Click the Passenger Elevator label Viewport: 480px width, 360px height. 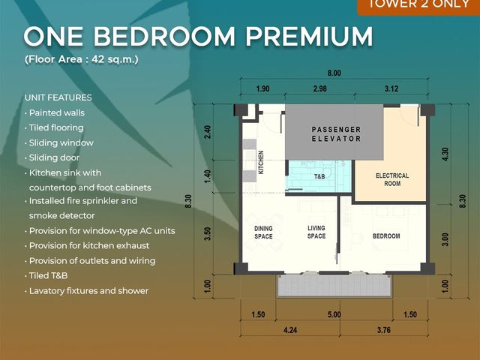tap(337, 134)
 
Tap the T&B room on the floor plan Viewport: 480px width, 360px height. tap(319, 176)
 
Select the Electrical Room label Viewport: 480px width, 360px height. tap(392, 180)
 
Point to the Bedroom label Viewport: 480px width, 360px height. tap(386, 236)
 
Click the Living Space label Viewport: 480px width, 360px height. tap(316, 232)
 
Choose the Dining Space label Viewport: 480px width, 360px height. tap(263, 232)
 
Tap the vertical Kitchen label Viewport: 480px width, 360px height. tap(261, 162)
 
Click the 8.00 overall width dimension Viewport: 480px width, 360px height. tap(334, 73)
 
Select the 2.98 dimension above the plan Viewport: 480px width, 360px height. tap(319, 88)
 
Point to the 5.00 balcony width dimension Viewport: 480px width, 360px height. tap(334, 315)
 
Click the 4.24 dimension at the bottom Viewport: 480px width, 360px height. tap(290, 330)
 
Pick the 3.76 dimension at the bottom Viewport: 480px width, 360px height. tap(384, 330)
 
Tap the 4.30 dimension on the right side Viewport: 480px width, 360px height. tap(445, 154)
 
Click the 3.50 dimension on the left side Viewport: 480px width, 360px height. tap(208, 233)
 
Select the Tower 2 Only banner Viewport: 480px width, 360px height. tap(418, 5)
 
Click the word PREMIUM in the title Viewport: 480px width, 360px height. tap(309, 37)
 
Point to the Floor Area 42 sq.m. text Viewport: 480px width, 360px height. tap(82, 59)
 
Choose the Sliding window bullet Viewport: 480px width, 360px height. tap(59, 142)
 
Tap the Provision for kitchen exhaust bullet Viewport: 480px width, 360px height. tap(87, 245)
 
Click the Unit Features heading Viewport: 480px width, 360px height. tap(58, 97)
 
